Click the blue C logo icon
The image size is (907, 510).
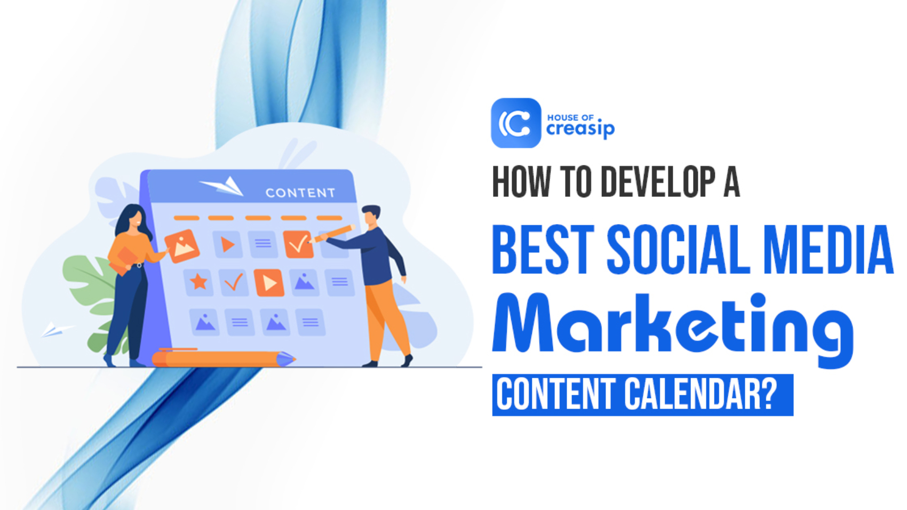pyautogui.click(x=515, y=123)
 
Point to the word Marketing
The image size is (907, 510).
pyautogui.click(x=672, y=325)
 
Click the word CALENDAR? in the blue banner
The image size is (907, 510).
pyautogui.click(x=701, y=395)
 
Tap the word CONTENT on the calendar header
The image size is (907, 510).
pyautogui.click(x=300, y=193)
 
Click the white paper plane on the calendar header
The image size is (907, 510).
pyautogui.click(x=222, y=186)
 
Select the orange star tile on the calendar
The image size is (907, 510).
pyautogui.click(x=198, y=281)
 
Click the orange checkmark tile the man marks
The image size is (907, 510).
pyautogui.click(x=298, y=244)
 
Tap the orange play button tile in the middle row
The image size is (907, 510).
pyautogui.click(x=269, y=283)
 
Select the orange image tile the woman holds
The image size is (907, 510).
pyautogui.click(x=182, y=246)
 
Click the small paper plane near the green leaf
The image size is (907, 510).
pyautogui.click(x=55, y=330)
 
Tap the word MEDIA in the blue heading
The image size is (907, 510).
pyautogui.click(x=828, y=250)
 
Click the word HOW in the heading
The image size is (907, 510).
pyautogui.click(x=520, y=182)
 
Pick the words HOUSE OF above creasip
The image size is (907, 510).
pyautogui.click(x=570, y=117)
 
